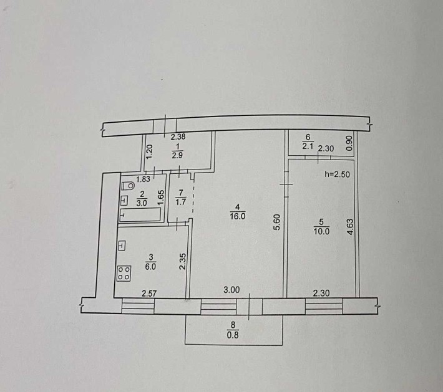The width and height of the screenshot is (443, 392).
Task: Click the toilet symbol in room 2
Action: coord(128,186)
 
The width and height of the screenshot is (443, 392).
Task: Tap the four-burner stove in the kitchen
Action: coord(124,273)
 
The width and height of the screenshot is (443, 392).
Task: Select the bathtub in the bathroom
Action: coord(140,214)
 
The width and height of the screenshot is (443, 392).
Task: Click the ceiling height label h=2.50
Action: coord(337,174)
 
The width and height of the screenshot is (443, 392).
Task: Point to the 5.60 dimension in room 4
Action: coord(277,222)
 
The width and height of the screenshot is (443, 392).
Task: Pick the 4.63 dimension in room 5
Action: coord(350,227)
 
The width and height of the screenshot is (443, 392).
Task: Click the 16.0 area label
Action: coord(238,216)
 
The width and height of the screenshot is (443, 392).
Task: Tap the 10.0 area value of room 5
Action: coord(321,231)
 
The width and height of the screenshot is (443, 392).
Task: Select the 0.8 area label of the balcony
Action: coord(233,335)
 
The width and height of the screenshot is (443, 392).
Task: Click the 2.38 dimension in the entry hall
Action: coord(178,137)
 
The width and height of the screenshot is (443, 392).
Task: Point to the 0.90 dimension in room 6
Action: coord(349,143)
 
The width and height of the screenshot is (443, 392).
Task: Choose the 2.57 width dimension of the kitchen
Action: coord(149,294)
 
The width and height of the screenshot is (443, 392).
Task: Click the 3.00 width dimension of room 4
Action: coord(231,290)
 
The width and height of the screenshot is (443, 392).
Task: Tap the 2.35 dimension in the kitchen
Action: coord(183,261)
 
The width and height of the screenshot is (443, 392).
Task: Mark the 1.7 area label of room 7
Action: coord(180,202)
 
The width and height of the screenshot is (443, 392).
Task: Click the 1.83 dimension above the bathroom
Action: coord(143,179)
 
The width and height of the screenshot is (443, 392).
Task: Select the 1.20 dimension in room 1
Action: coord(150,151)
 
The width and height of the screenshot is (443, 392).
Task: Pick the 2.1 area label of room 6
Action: coord(308,146)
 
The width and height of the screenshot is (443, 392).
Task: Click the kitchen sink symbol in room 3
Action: coord(122,246)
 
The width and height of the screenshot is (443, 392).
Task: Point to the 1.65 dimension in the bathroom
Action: coord(160,198)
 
